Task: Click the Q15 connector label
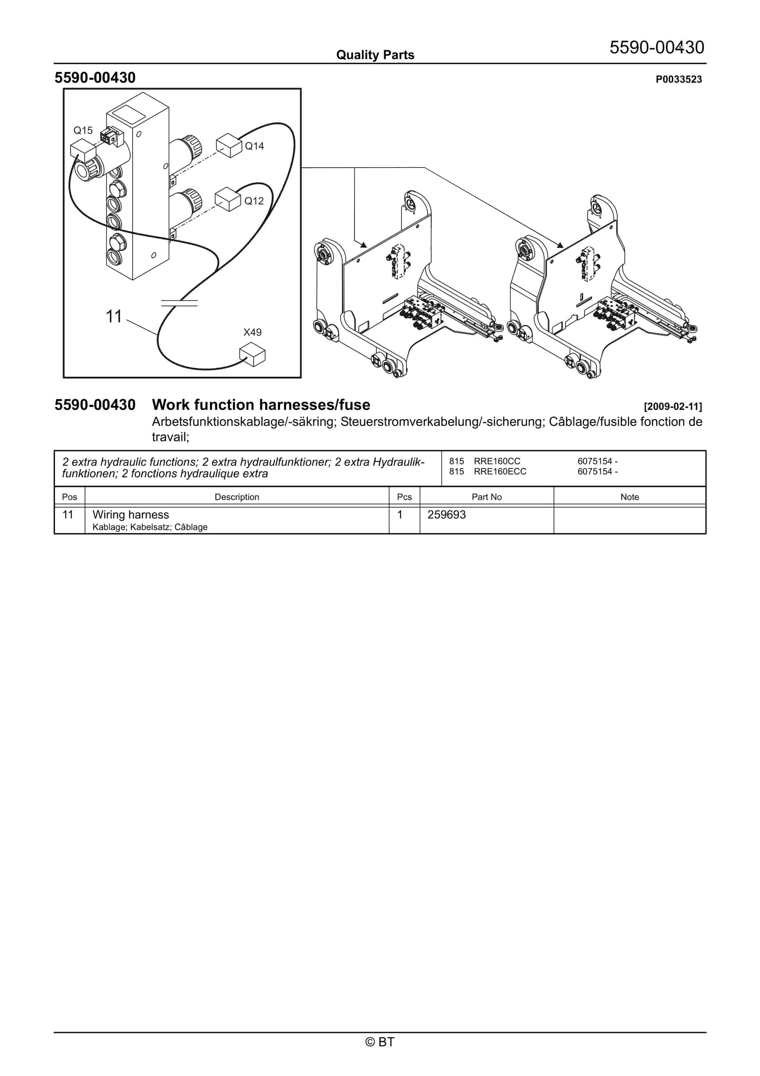pos(83,130)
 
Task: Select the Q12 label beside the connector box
pos(254,201)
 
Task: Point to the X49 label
pos(252,332)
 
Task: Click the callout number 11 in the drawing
pos(113,317)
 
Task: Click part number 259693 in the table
pos(446,515)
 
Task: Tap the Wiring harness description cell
pos(131,515)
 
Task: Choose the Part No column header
pos(486,497)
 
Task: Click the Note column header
pos(629,497)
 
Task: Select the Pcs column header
pos(404,497)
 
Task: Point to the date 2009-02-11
pos(673,406)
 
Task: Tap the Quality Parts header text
pos(375,55)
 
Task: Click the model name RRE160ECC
pos(500,472)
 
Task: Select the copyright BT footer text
pos(380,1042)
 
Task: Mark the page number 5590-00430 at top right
pos(657,47)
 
